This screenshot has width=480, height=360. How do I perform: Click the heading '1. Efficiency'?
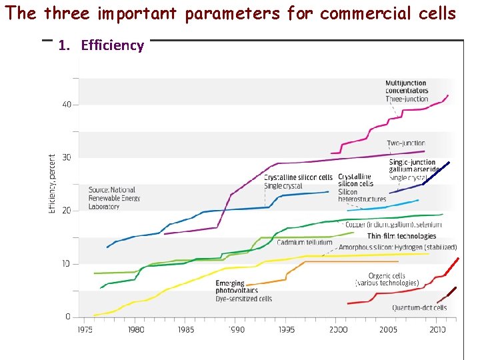pyautogui.click(x=101, y=45)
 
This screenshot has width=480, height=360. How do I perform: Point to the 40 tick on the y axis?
pyautogui.click(x=67, y=105)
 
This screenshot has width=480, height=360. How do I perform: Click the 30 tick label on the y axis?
pyautogui.click(x=67, y=158)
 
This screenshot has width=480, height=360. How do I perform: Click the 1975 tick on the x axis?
pyautogui.click(x=85, y=329)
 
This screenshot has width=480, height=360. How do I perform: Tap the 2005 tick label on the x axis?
pyautogui.click(x=388, y=329)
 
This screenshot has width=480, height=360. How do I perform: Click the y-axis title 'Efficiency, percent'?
pyautogui.click(x=52, y=185)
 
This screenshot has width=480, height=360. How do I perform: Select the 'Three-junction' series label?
pyautogui.click(x=407, y=99)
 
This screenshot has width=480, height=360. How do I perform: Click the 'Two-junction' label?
pyautogui.click(x=405, y=143)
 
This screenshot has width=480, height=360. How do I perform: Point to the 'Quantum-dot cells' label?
pyautogui.click(x=419, y=308)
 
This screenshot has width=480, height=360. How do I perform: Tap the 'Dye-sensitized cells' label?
pyautogui.click(x=243, y=299)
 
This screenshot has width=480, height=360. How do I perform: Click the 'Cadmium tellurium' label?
pyautogui.click(x=305, y=243)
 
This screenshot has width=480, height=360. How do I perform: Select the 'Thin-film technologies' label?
pyautogui.click(x=401, y=236)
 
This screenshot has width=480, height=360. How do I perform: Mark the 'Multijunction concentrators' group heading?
pyautogui.click(x=407, y=87)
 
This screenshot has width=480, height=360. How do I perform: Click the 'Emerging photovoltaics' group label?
pyautogui.click(x=230, y=287)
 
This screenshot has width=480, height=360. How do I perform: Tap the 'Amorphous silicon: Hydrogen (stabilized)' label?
pyautogui.click(x=397, y=247)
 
